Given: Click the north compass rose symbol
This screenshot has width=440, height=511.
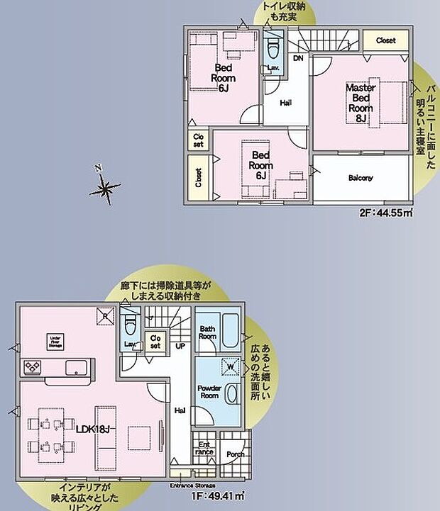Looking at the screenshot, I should (x=105, y=188).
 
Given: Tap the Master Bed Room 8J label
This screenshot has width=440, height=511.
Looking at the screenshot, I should (x=360, y=103).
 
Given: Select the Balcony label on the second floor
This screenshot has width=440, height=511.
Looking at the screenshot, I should (x=361, y=178).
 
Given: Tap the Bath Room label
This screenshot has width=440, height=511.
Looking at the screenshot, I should (x=207, y=333).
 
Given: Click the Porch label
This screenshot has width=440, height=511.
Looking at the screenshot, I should (x=235, y=454).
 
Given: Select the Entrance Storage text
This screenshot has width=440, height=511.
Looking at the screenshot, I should (x=192, y=485).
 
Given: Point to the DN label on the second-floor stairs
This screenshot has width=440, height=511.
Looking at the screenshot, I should (x=299, y=58).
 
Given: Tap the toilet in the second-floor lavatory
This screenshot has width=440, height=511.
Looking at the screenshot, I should (x=273, y=49).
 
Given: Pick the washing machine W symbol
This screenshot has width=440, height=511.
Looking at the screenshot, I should (x=229, y=367).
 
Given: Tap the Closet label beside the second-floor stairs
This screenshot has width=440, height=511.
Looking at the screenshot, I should (x=386, y=40).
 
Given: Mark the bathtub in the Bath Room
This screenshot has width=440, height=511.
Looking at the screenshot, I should (x=231, y=331).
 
